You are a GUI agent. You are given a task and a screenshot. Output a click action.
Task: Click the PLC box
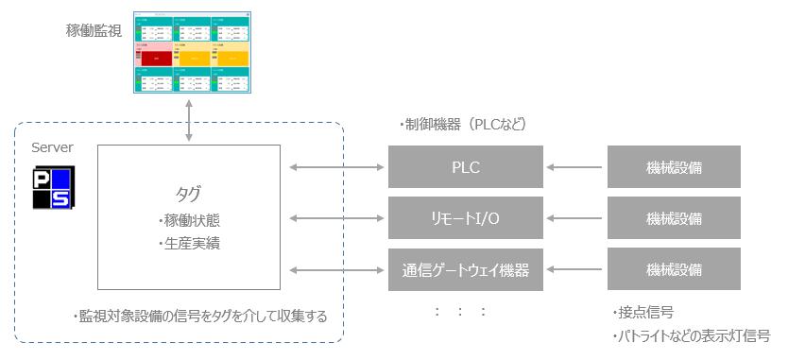click(466, 168)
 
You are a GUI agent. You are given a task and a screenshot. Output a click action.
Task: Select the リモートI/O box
click(466, 218)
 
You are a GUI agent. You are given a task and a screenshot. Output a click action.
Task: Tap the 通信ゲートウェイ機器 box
click(466, 269)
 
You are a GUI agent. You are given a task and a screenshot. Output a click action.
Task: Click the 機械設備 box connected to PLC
click(674, 168)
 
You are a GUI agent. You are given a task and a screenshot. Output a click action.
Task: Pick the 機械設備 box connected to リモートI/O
click(674, 218)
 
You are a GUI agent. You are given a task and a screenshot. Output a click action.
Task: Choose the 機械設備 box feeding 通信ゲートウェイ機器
click(674, 269)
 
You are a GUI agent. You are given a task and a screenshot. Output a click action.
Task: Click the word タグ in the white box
click(188, 194)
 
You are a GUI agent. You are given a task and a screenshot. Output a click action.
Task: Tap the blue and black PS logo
click(53, 188)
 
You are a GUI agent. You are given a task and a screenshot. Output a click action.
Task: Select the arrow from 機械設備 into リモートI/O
click(575, 218)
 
